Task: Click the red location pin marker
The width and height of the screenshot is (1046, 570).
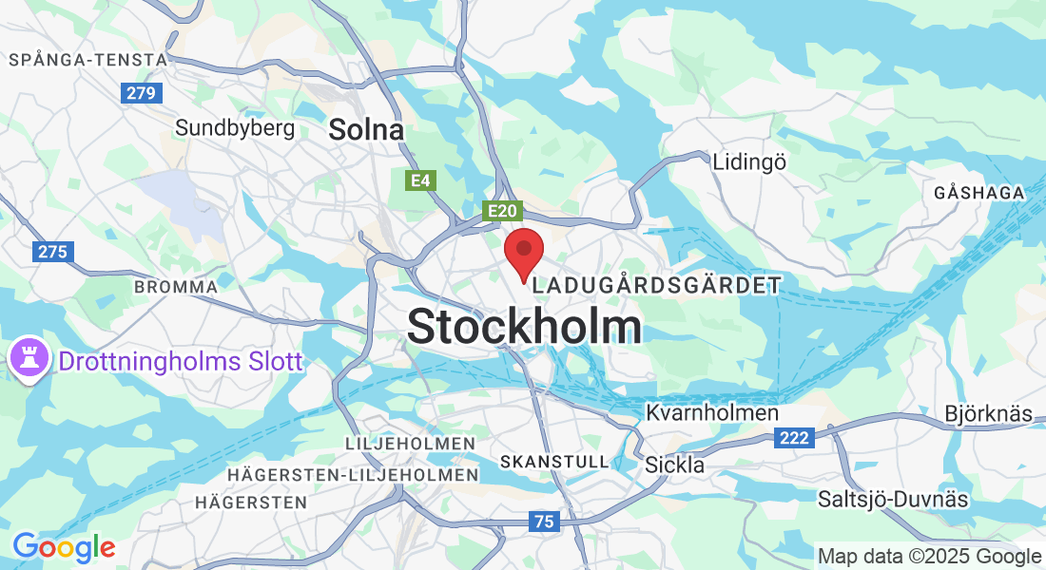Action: coord(523,253)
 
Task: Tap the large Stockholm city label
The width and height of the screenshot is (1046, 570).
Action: coord(524,327)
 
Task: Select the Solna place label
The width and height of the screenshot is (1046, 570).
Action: coord(366,130)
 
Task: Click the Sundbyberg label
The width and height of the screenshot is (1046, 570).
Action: coord(235,127)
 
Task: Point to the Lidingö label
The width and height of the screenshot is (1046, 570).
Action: coord(749,162)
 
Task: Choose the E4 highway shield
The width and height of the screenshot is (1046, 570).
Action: coord(418,180)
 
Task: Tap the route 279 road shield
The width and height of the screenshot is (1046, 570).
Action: coord(142,93)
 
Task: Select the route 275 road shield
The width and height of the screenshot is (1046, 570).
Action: coord(52,252)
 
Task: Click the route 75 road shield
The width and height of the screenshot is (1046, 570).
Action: coord(544,521)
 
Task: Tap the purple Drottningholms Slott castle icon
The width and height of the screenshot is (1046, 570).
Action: coord(27,359)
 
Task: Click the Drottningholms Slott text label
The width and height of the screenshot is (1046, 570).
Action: coord(181,361)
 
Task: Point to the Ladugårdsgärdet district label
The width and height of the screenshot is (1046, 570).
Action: coord(658,285)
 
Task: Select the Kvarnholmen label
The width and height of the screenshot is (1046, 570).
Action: coord(712,413)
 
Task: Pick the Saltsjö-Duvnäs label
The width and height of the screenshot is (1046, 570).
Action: coord(893,499)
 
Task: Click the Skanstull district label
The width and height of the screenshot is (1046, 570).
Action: coord(553,462)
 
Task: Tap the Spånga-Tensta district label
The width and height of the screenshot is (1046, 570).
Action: coord(87,60)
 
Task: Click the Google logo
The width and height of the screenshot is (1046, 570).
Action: coord(63,547)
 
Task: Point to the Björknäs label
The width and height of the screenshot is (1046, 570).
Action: coord(989,415)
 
